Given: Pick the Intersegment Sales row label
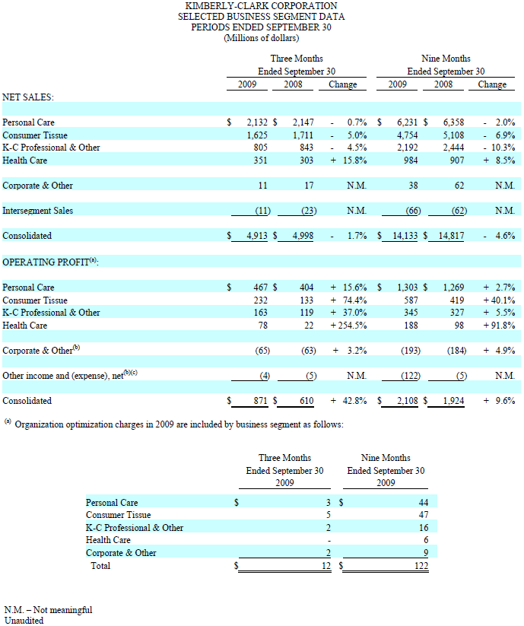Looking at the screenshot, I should [x=38, y=211].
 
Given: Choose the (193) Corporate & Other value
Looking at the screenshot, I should [x=408, y=351].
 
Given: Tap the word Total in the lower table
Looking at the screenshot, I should [x=100, y=565].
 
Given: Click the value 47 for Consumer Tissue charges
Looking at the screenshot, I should [x=423, y=515].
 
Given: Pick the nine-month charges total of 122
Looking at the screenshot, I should [x=421, y=565].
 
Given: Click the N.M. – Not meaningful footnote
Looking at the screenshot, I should [x=49, y=609].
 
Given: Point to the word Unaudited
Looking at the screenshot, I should [x=24, y=620].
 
